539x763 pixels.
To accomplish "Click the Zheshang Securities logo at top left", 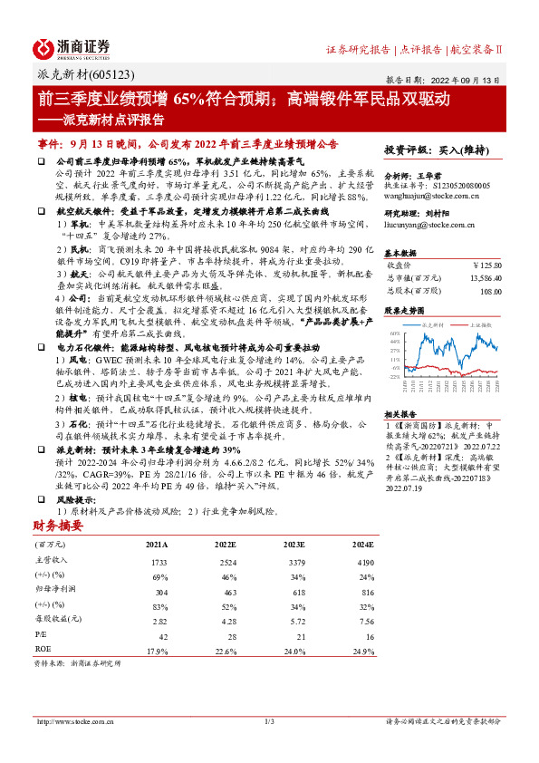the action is click(72, 47).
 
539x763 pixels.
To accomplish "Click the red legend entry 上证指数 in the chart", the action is click(479, 323).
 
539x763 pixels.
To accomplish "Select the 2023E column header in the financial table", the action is click(294, 545).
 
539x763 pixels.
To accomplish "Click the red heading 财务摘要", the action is click(59, 525).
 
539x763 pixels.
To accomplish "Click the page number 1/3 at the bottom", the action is click(269, 721).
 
